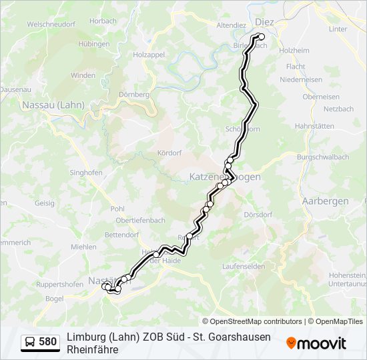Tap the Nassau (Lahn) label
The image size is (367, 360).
[53, 105]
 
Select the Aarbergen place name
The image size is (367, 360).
[325, 201]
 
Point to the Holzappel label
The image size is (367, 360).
[148, 55]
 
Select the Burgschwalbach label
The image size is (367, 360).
[324, 157]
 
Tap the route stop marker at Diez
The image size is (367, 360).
[262, 37]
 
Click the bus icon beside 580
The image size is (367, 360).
[30, 342]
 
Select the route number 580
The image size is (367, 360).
[47, 342]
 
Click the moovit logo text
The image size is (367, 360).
[322, 343]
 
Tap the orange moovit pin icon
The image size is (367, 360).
[291, 343]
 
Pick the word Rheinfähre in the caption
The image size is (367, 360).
[93, 349]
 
